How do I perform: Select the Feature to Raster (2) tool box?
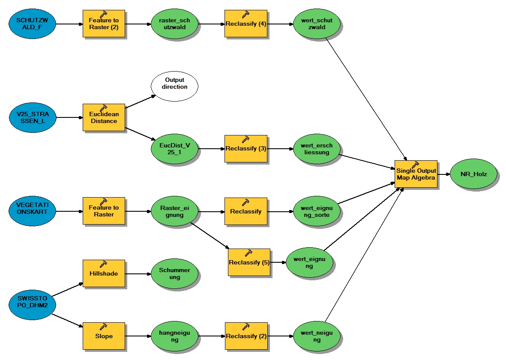pos(104,24)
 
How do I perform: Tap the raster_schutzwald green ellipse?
pos(175,24)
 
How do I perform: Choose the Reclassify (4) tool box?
pos(246,24)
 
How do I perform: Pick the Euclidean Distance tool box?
pos(104,117)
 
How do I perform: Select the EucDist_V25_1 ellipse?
pos(175,149)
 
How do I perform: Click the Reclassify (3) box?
pos(246,149)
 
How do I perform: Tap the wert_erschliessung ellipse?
pos(317,149)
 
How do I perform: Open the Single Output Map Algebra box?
pos(416,174)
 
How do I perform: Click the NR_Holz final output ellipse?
pos(474,174)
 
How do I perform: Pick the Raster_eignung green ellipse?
pos(175,211)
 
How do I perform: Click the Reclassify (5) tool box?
pos(249,262)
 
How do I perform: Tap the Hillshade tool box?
pos(104,273)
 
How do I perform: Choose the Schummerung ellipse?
pos(175,273)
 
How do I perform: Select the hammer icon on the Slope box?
pos(103,326)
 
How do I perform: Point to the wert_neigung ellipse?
pos(317,336)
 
